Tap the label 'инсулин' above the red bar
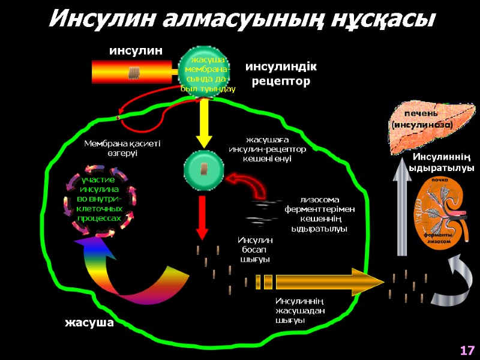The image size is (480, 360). coord(136,51)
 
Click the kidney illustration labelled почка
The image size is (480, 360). coord(444,210)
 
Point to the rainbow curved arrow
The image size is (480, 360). coord(126,270)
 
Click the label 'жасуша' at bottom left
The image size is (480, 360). coord(89,323)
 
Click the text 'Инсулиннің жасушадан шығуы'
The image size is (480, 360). coord(300,310)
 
